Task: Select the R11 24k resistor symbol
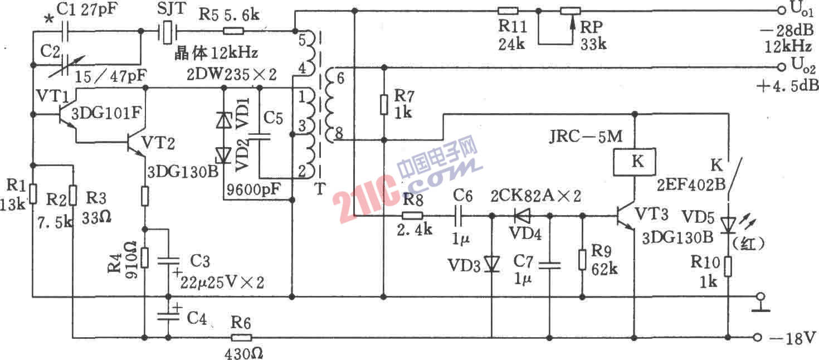(x=508, y=11)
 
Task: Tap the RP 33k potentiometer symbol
(x=570, y=11)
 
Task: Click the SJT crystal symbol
(x=167, y=32)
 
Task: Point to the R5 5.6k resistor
(x=233, y=32)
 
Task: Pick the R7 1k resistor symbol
(x=383, y=104)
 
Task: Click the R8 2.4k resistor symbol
(x=412, y=216)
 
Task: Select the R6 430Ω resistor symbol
(x=242, y=337)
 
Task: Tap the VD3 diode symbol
(x=491, y=263)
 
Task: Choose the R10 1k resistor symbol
(x=728, y=266)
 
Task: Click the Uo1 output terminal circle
(x=778, y=10)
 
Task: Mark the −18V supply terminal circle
(x=757, y=337)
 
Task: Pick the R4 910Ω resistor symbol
(x=145, y=257)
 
